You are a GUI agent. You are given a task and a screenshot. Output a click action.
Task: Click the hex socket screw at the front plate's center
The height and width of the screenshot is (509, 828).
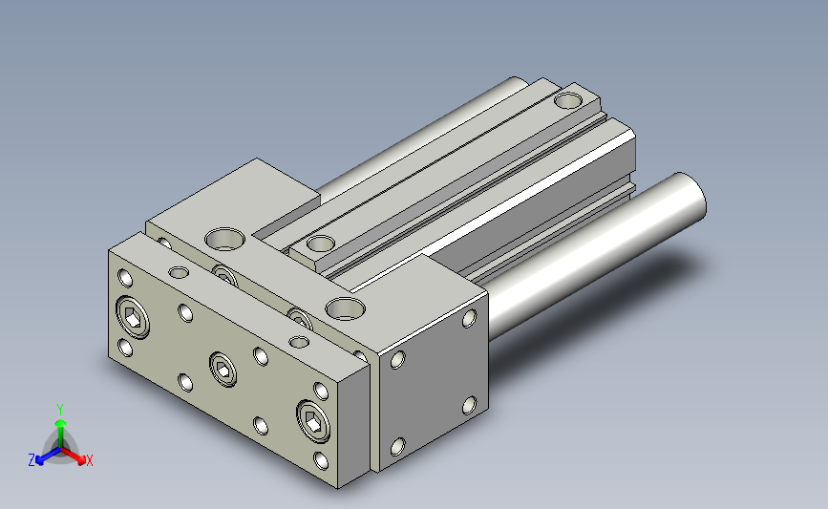223,369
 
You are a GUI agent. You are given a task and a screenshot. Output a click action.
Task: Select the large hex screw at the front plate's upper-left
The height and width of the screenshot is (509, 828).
133,317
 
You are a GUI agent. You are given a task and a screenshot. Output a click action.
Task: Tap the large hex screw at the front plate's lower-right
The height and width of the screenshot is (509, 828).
313,421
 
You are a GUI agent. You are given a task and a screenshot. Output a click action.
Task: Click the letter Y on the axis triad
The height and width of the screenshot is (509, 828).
60,410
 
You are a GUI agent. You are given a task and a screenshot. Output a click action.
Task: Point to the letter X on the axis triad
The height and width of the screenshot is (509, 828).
89,460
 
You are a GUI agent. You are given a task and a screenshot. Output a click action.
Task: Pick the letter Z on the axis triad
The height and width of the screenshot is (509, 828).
32,460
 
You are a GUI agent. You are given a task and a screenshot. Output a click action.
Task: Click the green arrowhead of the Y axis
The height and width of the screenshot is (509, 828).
61,423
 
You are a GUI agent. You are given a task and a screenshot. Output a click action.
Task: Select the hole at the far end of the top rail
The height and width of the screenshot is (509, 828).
569,100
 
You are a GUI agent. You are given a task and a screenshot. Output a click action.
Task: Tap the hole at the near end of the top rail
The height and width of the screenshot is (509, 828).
321,244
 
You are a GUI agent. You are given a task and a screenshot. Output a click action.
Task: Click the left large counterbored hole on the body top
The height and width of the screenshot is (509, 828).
225,239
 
